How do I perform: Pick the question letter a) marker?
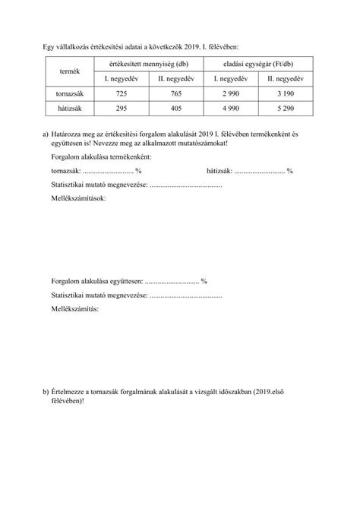tap(46, 134)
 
